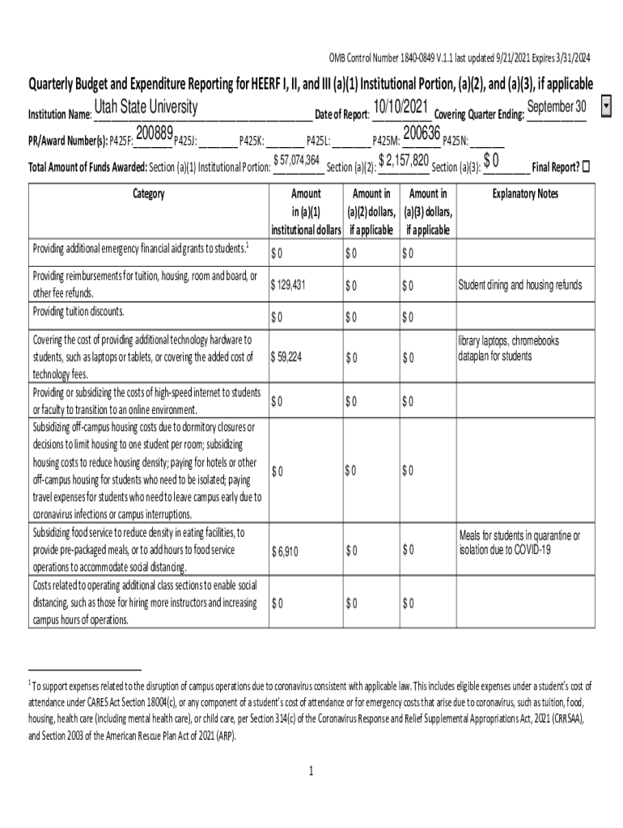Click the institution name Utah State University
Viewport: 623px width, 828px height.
146,108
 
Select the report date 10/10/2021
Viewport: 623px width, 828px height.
401,108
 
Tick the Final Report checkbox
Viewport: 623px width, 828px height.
587,167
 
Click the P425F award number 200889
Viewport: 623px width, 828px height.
155,133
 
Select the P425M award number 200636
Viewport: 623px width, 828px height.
421,133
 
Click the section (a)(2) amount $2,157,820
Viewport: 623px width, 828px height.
403,160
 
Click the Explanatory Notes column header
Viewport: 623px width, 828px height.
524,194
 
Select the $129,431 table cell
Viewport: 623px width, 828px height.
289,285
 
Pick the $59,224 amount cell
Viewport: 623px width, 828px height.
287,357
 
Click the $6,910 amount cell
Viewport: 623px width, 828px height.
286,551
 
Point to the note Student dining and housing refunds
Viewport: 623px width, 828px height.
519,285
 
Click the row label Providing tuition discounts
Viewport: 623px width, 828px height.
78,311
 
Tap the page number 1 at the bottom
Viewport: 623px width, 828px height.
311,771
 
